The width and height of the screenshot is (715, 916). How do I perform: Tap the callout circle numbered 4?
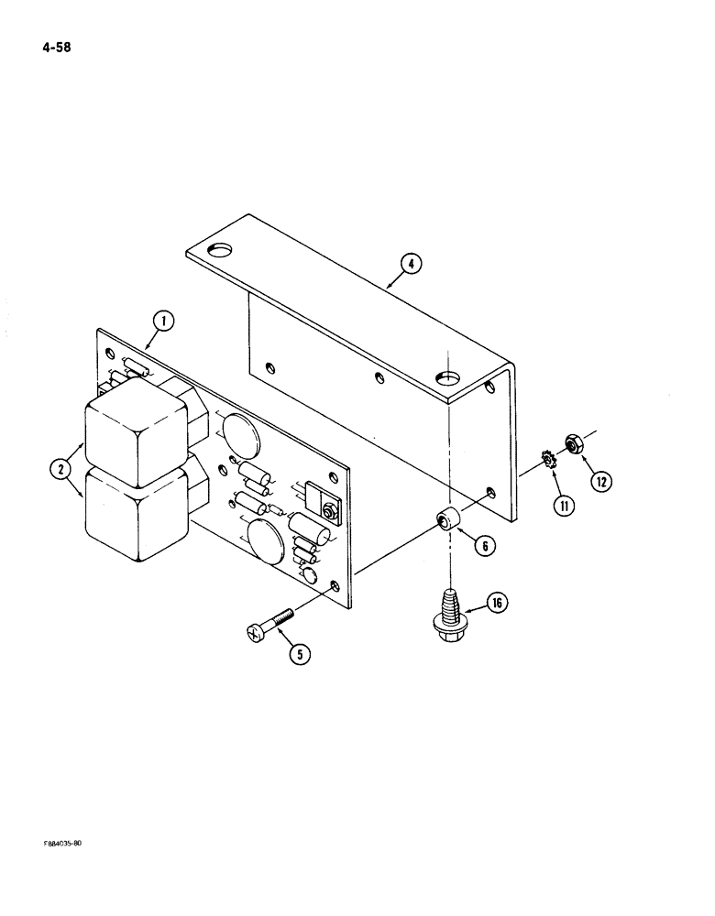click(412, 264)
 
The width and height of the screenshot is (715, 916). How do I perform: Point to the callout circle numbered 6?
click(484, 545)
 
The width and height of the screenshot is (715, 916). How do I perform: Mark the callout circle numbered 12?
click(601, 479)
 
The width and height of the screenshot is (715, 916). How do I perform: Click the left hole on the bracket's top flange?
click(221, 248)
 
